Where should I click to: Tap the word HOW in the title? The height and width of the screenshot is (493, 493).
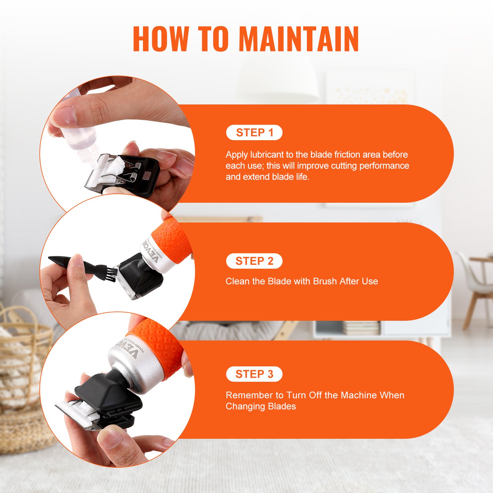pos(160,39)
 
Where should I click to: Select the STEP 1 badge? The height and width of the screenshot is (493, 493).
pos(254,132)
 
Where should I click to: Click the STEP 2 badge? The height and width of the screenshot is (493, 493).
pos(254,261)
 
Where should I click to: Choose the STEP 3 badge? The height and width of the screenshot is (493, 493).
pos(254,374)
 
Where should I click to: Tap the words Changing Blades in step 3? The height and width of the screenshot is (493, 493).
pos(261,406)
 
